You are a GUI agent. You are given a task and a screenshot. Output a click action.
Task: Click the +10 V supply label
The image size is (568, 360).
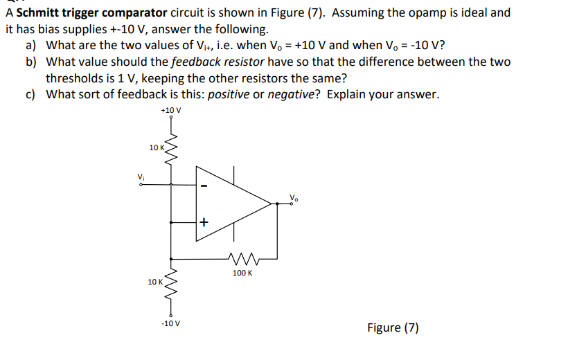(170, 110)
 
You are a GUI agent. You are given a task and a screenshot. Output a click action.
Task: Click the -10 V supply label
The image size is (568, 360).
(170, 323)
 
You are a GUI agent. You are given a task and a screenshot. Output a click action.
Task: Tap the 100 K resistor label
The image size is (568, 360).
(242, 273)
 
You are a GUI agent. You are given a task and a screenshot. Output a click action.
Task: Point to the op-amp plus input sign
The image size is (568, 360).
(204, 223)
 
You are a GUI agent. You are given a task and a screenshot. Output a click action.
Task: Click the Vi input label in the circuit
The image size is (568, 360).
(142, 176)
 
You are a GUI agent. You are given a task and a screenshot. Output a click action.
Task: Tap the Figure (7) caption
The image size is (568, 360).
(393, 327)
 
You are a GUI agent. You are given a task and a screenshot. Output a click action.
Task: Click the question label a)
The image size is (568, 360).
(31, 45)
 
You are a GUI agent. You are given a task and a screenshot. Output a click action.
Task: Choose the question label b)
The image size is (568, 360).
(31, 62)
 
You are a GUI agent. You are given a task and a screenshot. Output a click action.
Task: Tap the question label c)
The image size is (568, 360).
(31, 94)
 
